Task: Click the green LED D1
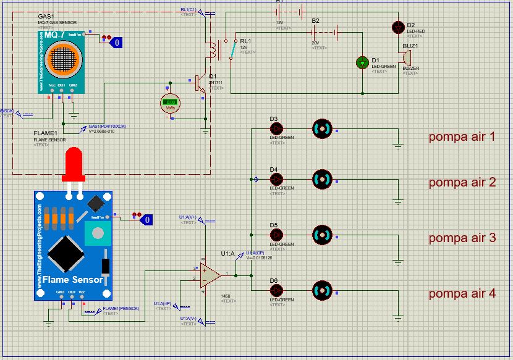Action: click(362, 62)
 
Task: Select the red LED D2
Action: click(398, 28)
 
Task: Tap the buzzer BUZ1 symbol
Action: click(406, 57)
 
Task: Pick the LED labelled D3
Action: click(276, 128)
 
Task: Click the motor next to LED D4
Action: click(322, 180)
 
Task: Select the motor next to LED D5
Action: click(322, 235)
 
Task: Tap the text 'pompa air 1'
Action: click(462, 136)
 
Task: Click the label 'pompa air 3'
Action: click(462, 238)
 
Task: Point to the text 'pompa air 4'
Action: click(462, 293)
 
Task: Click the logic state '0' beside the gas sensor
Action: click(117, 43)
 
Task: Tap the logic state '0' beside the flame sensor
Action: click(146, 219)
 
